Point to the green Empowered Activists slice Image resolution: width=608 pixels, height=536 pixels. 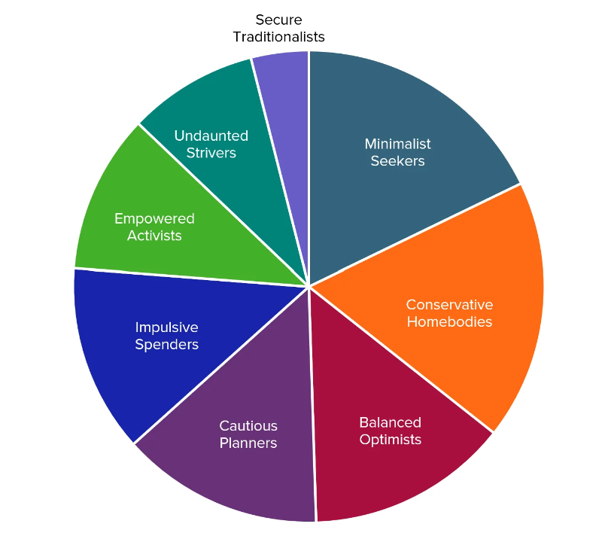tap(163, 225)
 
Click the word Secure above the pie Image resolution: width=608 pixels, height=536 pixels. tap(279, 20)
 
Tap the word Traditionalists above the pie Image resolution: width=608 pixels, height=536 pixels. tap(279, 37)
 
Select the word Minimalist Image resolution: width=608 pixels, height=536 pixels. tap(397, 145)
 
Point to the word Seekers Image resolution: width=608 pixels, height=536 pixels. tap(397, 161)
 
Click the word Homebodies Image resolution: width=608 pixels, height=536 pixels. tap(449, 322)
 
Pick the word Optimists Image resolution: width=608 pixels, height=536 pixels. tap(390, 440)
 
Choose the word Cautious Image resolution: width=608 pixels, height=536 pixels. tap(248, 426)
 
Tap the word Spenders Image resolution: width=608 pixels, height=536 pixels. tap(167, 345)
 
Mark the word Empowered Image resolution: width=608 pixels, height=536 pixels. tap(154, 219)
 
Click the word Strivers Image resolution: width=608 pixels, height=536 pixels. tap(211, 153)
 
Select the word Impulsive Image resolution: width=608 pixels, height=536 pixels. tap(167, 327)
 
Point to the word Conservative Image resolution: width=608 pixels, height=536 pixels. tap(449, 305)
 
